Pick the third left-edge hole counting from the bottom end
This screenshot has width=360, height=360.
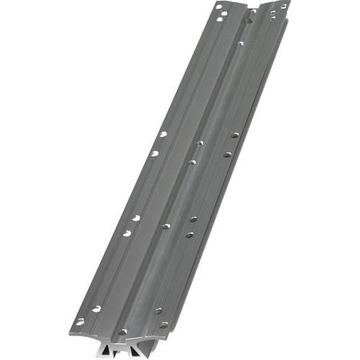coord(127,233)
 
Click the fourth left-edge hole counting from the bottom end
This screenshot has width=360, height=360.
coord(136,217)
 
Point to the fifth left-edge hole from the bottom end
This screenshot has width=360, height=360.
coord(154,153)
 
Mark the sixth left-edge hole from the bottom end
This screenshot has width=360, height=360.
coord(163,134)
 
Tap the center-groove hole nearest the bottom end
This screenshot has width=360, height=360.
coord(123,332)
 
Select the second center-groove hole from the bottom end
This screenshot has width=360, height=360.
coord(166,226)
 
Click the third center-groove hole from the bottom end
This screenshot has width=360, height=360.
coord(192,162)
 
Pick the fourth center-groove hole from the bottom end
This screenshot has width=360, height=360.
coord(199,143)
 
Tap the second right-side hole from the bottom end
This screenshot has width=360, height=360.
coord(158,311)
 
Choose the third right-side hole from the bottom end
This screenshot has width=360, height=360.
coord(189,234)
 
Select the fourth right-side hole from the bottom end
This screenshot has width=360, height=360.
coord(193,218)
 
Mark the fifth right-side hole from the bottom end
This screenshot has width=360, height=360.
coord(227,153)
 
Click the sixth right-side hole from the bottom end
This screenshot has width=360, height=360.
coord(235,135)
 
